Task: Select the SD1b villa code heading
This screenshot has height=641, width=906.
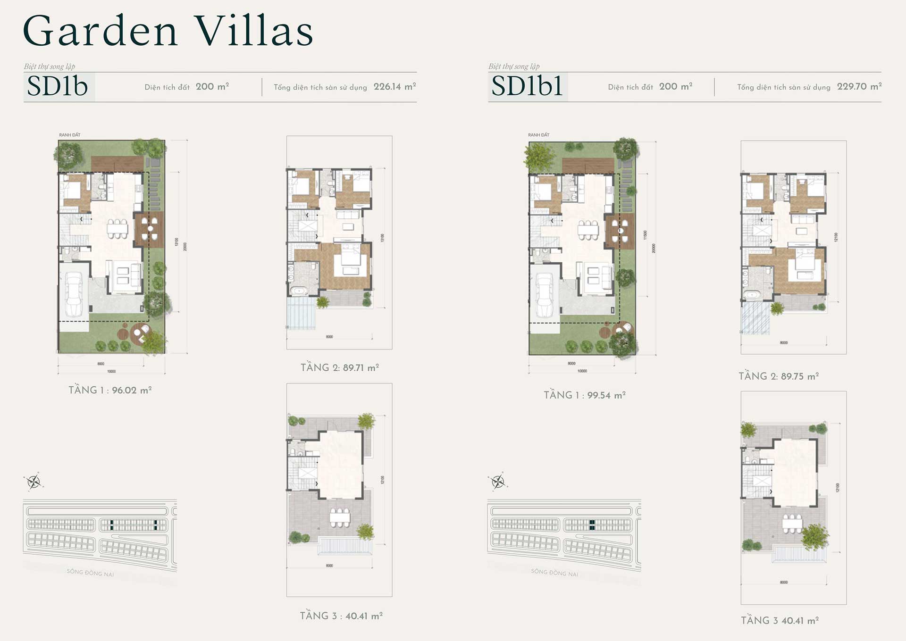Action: [x=58, y=86]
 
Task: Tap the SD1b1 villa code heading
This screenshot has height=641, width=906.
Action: [x=527, y=86]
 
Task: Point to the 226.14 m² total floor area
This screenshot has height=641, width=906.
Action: [x=394, y=87]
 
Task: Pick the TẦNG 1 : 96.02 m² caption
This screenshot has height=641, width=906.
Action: [x=110, y=390]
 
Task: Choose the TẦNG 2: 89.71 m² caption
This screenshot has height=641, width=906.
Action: [x=339, y=367]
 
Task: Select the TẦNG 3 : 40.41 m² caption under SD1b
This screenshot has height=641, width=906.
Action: [x=341, y=616]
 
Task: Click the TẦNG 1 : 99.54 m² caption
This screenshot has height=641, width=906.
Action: [x=584, y=395]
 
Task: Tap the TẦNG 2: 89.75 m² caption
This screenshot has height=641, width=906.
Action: [x=778, y=376]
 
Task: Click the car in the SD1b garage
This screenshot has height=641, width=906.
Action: [x=74, y=295]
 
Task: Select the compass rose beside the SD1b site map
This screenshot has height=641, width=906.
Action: [x=34, y=482]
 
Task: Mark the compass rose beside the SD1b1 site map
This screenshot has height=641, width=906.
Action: [x=498, y=482]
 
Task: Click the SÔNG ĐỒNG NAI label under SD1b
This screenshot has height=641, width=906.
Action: [x=90, y=573]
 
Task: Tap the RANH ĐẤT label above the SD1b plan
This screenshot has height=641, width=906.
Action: [x=69, y=135]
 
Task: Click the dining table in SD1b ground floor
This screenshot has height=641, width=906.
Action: [x=117, y=229]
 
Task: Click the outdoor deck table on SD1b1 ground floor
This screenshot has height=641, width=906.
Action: [x=620, y=231]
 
